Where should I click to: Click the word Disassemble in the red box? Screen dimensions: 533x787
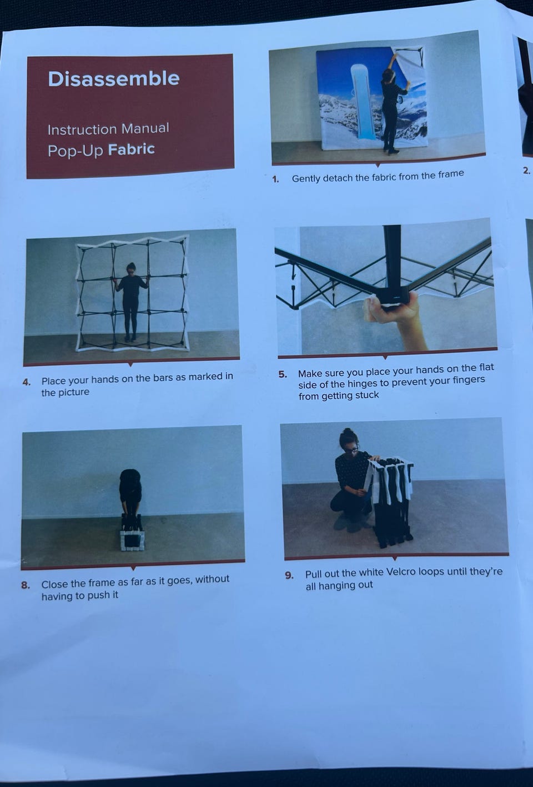click(114, 79)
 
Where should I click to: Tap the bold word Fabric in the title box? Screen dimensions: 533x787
click(132, 149)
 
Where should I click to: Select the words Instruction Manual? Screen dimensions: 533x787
click(108, 129)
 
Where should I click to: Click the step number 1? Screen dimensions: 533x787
click(275, 179)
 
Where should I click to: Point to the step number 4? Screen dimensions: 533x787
click(26, 382)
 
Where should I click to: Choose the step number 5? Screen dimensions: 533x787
click(283, 374)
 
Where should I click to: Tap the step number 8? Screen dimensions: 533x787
click(26, 585)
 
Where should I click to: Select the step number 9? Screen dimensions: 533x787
click(289, 575)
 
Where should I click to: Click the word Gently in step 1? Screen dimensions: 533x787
click(306, 178)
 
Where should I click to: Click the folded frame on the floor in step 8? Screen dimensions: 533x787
click(132, 532)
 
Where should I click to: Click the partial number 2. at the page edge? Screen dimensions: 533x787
click(526, 171)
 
